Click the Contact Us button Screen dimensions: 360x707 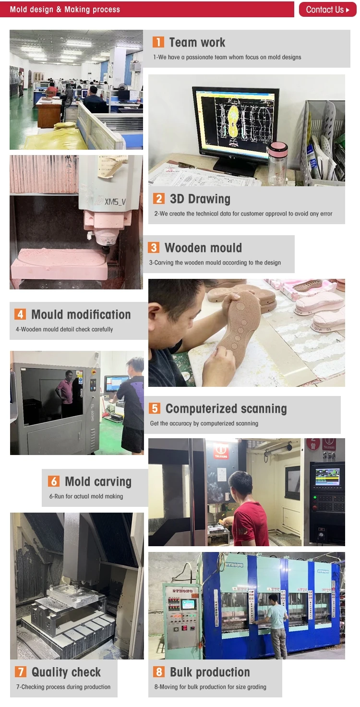(327, 10)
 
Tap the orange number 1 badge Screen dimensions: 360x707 (158, 42)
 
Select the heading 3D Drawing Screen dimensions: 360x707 (200, 199)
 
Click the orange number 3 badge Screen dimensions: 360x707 (154, 248)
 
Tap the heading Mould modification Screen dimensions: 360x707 (81, 314)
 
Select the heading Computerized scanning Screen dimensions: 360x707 (226, 408)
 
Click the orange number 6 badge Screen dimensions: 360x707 (54, 481)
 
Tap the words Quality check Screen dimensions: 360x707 (66, 672)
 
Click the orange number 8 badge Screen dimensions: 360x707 (159, 671)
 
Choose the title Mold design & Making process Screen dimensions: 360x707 (65, 10)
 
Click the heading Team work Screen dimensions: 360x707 (197, 42)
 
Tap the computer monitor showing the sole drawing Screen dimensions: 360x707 (236, 128)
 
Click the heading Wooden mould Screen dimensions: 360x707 (203, 248)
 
